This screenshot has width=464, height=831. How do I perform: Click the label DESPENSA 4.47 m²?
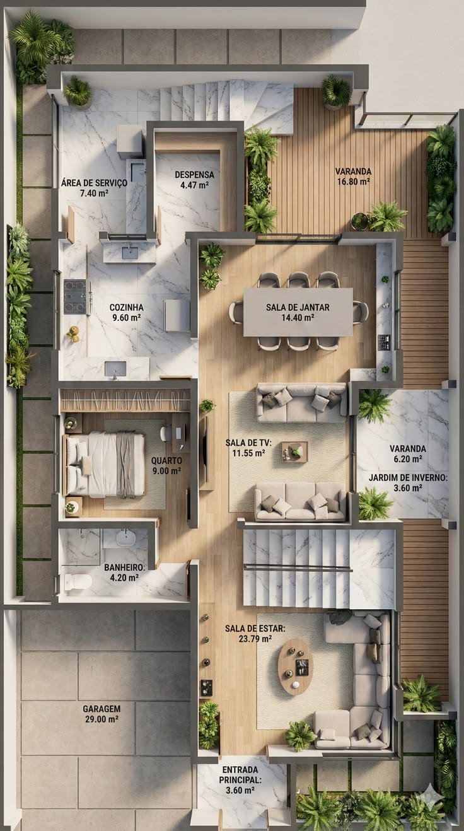(x=194, y=180)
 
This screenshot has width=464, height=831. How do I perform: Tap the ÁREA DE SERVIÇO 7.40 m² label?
(x=94, y=188)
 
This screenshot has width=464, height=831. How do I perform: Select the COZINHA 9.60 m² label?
(x=127, y=312)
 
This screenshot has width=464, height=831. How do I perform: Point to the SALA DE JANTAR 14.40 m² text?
(x=298, y=312)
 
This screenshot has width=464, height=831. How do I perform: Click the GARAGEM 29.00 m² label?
(x=101, y=714)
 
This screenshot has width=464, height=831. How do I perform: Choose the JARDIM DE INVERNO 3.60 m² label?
(x=408, y=482)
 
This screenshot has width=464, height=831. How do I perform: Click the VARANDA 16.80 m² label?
(x=354, y=176)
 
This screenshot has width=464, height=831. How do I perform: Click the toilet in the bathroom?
(x=78, y=581)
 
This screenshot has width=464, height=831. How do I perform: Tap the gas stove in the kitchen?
(x=75, y=296)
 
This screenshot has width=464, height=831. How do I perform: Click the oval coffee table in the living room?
(x=295, y=666)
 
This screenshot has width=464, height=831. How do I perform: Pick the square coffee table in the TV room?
(x=294, y=451)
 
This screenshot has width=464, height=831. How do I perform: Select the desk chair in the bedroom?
(x=165, y=433)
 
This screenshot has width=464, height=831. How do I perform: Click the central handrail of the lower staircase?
(x=297, y=567)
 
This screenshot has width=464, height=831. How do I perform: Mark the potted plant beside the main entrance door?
(x=209, y=724)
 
